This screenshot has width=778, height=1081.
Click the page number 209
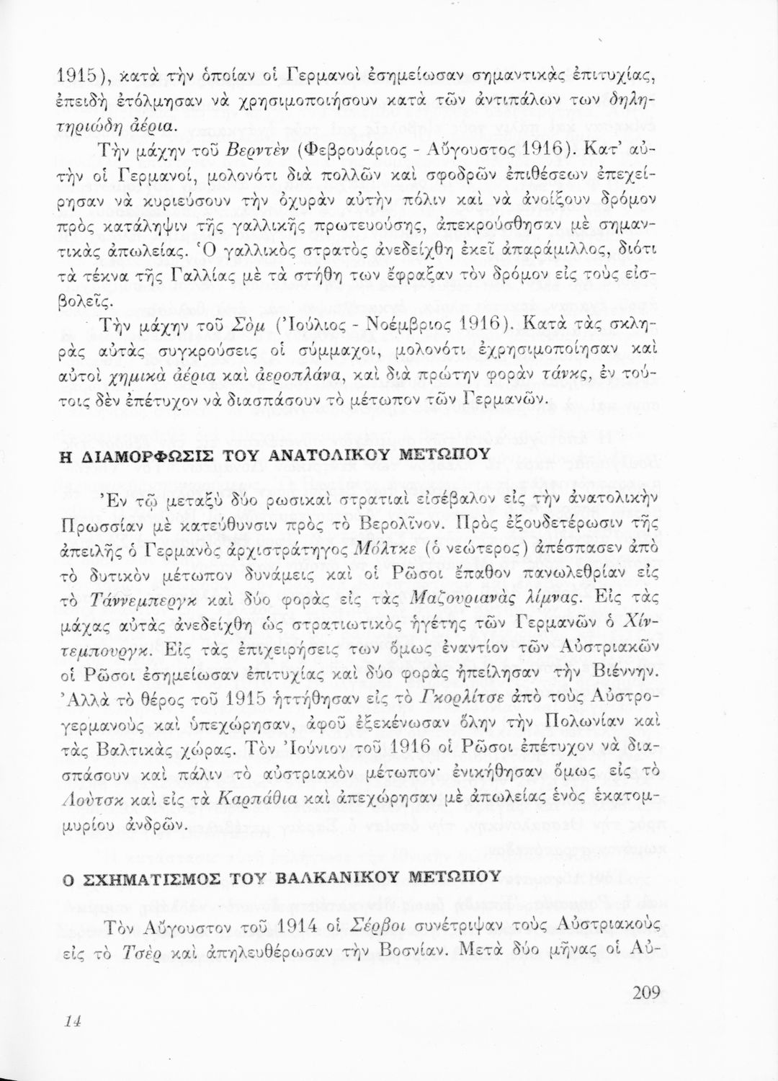click(643, 993)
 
